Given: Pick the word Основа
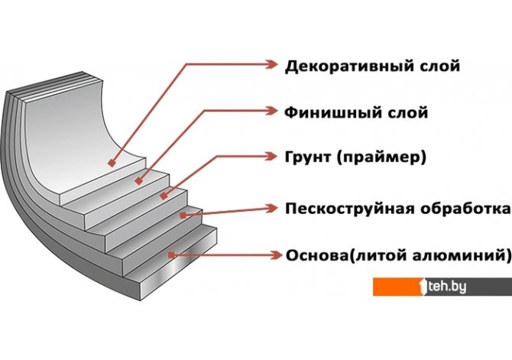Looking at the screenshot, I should click(x=314, y=254).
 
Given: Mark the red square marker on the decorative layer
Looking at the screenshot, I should click(x=112, y=163).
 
